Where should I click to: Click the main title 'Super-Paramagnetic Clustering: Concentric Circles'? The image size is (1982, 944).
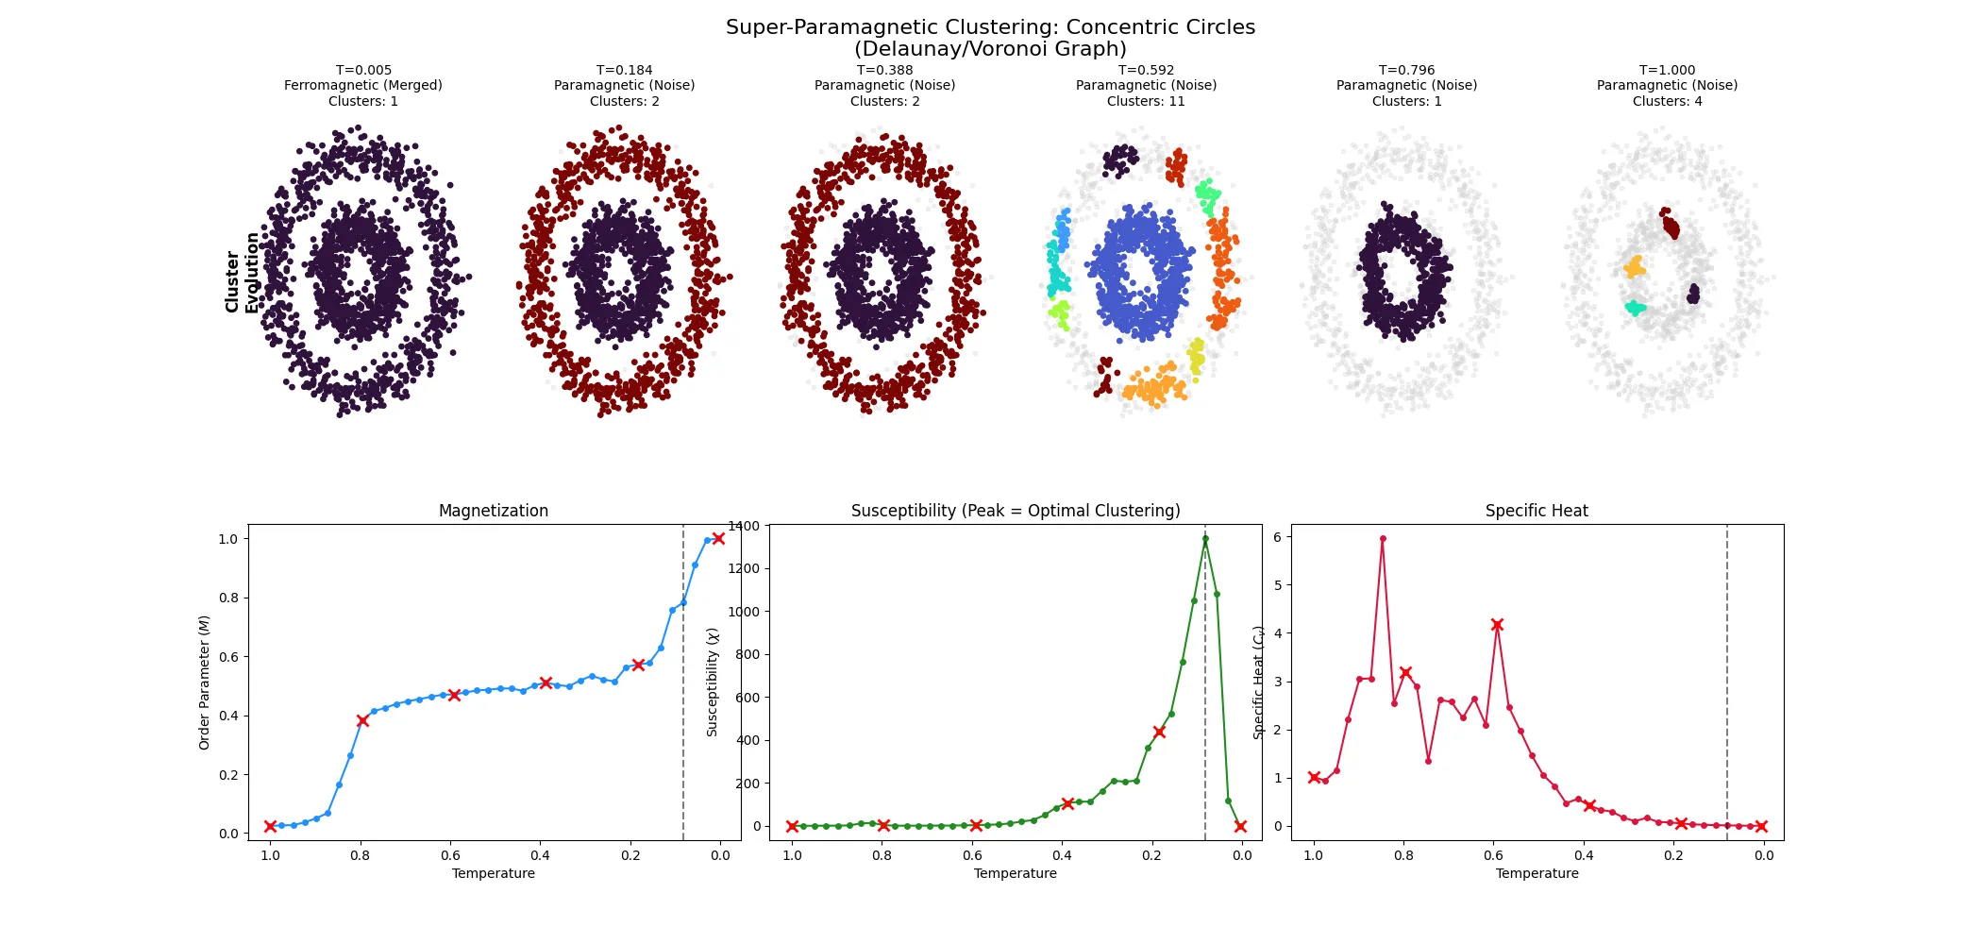pyautogui.click(x=990, y=27)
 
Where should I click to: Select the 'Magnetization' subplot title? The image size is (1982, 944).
pyautogui.click(x=493, y=511)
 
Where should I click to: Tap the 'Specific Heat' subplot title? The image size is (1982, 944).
pyautogui.click(x=1536, y=511)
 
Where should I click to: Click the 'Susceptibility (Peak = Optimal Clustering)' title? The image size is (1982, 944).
pyautogui.click(x=1015, y=511)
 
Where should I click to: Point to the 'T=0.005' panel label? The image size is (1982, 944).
pyautogui.click(x=363, y=70)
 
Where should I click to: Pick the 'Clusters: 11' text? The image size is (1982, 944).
pyautogui.click(x=1145, y=101)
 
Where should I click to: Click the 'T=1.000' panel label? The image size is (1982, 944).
pyautogui.click(x=1667, y=70)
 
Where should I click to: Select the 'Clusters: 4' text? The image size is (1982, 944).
pyautogui.click(x=1667, y=101)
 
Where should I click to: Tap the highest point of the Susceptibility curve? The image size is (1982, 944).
pyautogui.click(x=1205, y=539)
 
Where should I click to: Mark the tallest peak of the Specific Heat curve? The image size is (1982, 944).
pyautogui.click(x=1383, y=539)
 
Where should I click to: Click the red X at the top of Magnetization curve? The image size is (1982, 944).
pyautogui.click(x=718, y=538)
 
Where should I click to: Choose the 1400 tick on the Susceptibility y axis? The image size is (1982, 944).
pyautogui.click(x=744, y=526)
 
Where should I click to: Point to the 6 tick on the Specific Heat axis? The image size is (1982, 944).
pyautogui.click(x=1277, y=537)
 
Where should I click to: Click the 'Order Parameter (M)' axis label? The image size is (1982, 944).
pyautogui.click(x=204, y=683)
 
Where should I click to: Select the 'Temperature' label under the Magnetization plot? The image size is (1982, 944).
pyautogui.click(x=493, y=873)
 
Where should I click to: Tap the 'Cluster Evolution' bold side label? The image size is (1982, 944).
pyautogui.click(x=242, y=273)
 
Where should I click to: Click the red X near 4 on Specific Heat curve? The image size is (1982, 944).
pyautogui.click(x=1497, y=625)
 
